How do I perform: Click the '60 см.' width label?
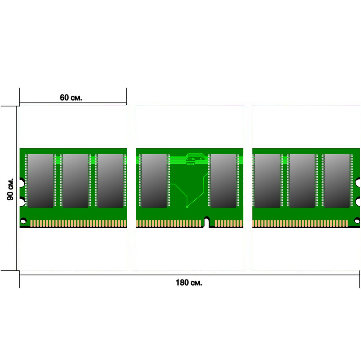click(x=71, y=97)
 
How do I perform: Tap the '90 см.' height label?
click(x=10, y=189)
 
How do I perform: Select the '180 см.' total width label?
click(x=189, y=282)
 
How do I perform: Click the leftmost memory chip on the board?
click(x=41, y=181)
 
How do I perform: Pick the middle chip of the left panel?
click(x=75, y=181)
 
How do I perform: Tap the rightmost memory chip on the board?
click(x=337, y=181)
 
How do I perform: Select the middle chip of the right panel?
click(x=302, y=181)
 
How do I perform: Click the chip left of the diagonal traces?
click(x=154, y=181)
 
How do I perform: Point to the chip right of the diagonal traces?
click(x=224, y=181)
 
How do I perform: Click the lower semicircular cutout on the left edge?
click(x=22, y=202)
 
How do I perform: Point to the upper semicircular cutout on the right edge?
click(x=358, y=182)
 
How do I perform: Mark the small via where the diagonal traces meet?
click(x=187, y=207)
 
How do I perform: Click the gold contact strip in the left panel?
click(x=79, y=224)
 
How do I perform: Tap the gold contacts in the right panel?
click(x=300, y=224)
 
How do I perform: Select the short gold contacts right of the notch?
click(x=229, y=224)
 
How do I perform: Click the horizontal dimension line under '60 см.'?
click(x=73, y=103)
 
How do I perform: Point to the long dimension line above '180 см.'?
click(x=190, y=275)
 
